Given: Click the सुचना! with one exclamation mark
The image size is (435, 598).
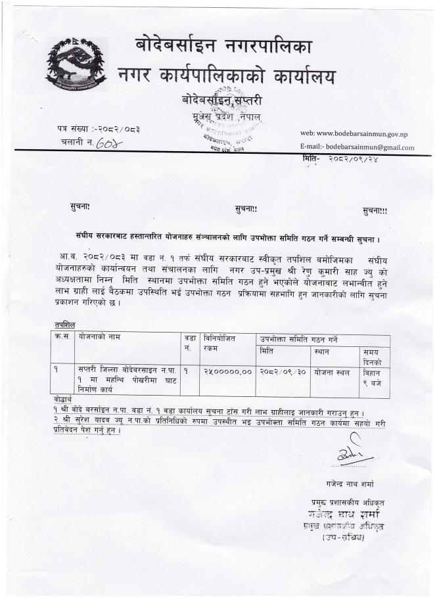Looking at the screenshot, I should (80, 208).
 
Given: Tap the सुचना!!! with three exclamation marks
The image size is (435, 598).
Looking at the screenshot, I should (375, 210).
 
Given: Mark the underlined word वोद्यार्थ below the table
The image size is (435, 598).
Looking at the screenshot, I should (65, 400).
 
